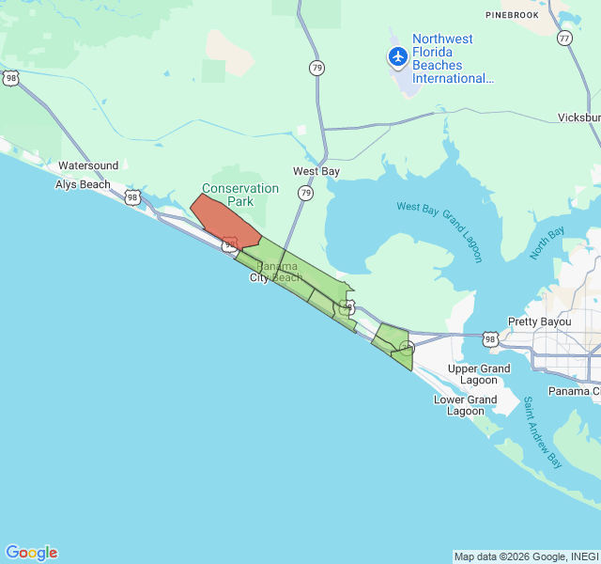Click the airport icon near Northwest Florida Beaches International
398,57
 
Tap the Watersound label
88,165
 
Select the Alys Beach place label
83,184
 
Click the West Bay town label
316,171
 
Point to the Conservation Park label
240,195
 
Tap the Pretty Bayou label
540,321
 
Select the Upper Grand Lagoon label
479,375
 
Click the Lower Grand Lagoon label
466,405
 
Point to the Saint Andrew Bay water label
542,433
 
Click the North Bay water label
547,243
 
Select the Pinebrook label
513,16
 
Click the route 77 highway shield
564,39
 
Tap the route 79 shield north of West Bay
317,68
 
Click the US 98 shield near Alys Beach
132,197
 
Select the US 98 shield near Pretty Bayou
490,338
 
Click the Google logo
31,553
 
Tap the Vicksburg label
578,117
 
